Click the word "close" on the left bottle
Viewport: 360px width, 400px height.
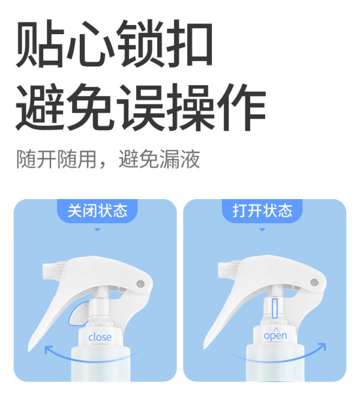tap(100, 337)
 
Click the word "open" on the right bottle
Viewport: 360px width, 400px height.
tap(275, 336)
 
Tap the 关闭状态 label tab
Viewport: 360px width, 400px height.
tap(97, 210)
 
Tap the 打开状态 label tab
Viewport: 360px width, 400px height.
tap(262, 210)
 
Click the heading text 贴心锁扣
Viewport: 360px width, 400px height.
tap(114, 43)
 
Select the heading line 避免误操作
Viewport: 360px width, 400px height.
tap(141, 107)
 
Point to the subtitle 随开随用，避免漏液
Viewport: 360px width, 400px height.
tap(108, 159)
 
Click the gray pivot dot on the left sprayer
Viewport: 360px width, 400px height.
tap(140, 284)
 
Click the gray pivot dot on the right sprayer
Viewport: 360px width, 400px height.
tap(314, 282)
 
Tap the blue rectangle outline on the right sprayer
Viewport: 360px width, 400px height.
tap(275, 308)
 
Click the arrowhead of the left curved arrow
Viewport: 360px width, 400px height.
tap(47, 348)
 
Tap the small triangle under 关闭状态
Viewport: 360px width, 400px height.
tap(97, 230)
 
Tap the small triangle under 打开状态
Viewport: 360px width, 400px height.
tap(262, 230)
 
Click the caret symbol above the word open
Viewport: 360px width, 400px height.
tap(276, 329)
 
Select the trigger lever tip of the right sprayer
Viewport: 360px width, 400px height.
tap(205, 347)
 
